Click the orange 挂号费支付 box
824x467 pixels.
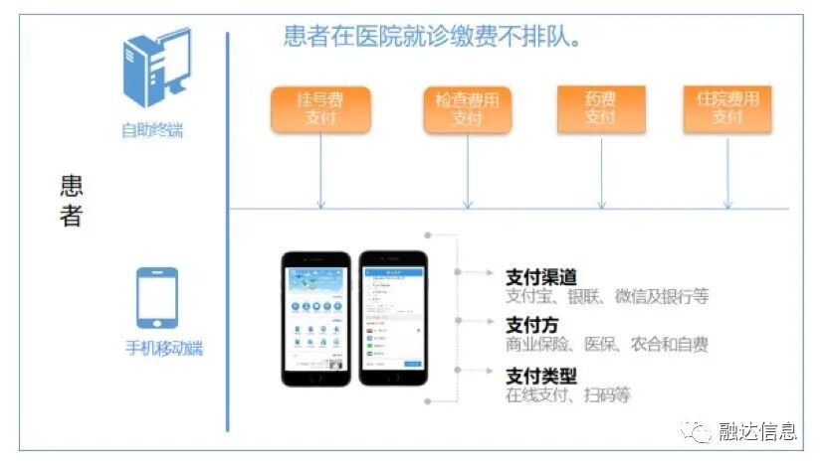(320, 109)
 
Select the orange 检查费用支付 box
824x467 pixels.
(467, 109)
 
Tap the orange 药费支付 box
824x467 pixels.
(600, 109)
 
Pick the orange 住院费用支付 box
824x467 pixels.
(727, 109)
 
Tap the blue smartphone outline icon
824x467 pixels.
(157, 298)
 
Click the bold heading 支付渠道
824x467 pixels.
(541, 277)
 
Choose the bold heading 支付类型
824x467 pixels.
(541, 376)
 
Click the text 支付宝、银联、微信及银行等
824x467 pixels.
(607, 296)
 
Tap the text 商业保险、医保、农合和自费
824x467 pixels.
(607, 345)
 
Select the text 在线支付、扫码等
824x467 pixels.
(567, 394)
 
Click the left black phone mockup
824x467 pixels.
(316, 318)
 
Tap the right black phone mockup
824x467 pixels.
(393, 318)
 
